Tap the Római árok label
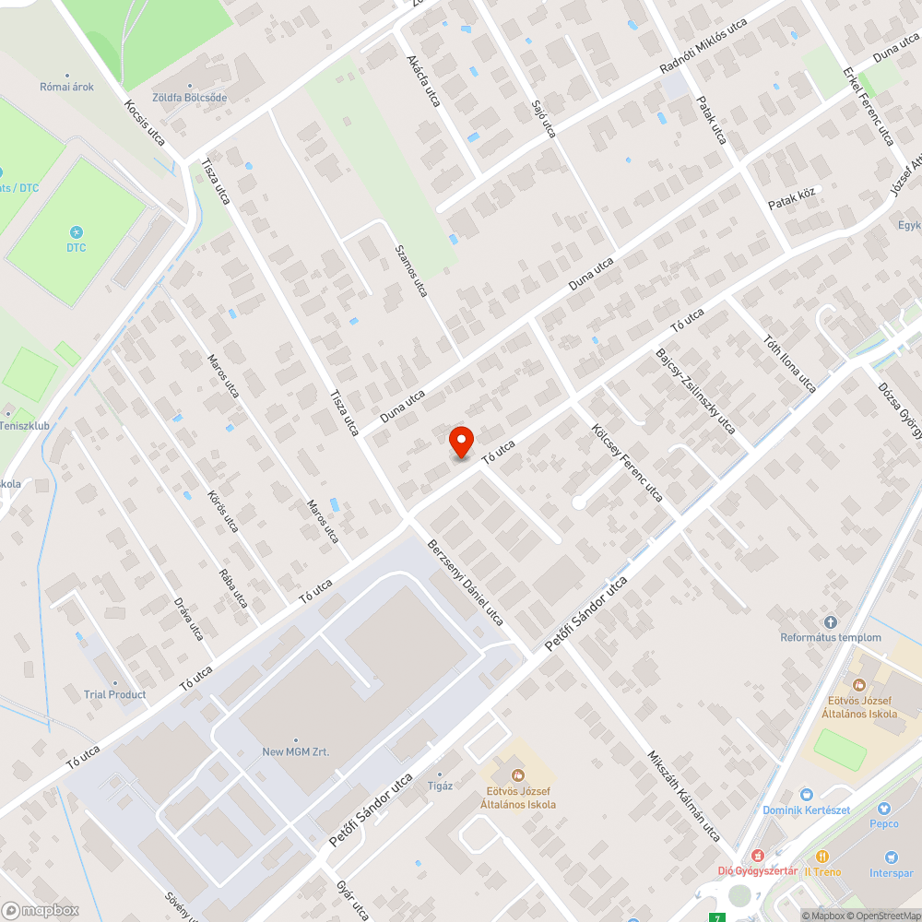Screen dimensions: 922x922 [66, 87]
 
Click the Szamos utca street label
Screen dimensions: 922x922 [411, 269]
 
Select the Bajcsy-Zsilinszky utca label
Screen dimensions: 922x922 [694, 391]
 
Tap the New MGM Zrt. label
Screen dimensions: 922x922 [295, 751]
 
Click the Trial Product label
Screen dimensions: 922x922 [114, 694]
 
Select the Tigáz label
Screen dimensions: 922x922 [440, 785]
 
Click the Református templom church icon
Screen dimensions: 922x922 [831, 623]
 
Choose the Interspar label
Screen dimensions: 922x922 [891, 872]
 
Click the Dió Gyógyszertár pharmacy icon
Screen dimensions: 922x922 [759, 856]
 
